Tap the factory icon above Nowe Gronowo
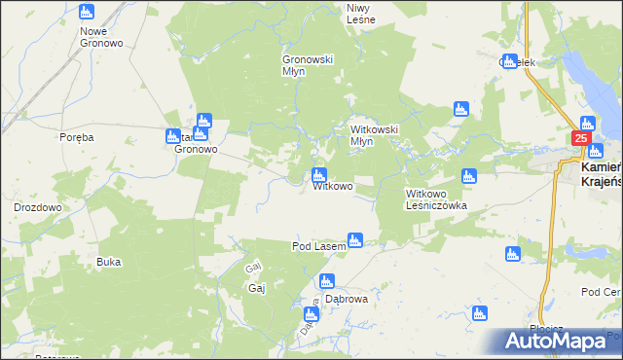pyautogui.click(x=87, y=13)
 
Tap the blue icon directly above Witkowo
pyautogui.click(x=318, y=176)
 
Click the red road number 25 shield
pyautogui.click(x=580, y=139)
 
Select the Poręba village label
pyautogui.click(x=75, y=137)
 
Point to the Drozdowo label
pyautogui.click(x=38, y=207)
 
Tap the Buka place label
pyautogui.click(x=109, y=262)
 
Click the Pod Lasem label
pyautogui.click(x=319, y=247)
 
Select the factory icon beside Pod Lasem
pyautogui.click(x=355, y=239)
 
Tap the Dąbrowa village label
pyautogui.click(x=347, y=300)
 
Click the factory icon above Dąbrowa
pyautogui.click(x=327, y=282)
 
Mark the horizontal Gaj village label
pyautogui.click(x=257, y=288)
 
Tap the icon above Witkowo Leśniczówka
pyautogui.click(x=468, y=176)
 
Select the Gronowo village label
pyautogui.click(x=195, y=151)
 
